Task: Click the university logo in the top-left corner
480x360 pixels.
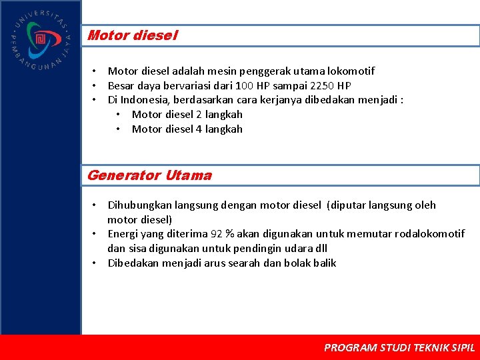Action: coord(40,39)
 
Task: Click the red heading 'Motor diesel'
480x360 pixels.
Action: coord(132,35)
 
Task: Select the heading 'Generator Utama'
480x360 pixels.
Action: coord(149,175)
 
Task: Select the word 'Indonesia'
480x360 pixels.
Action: coord(143,100)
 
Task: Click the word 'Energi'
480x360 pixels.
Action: coord(123,233)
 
